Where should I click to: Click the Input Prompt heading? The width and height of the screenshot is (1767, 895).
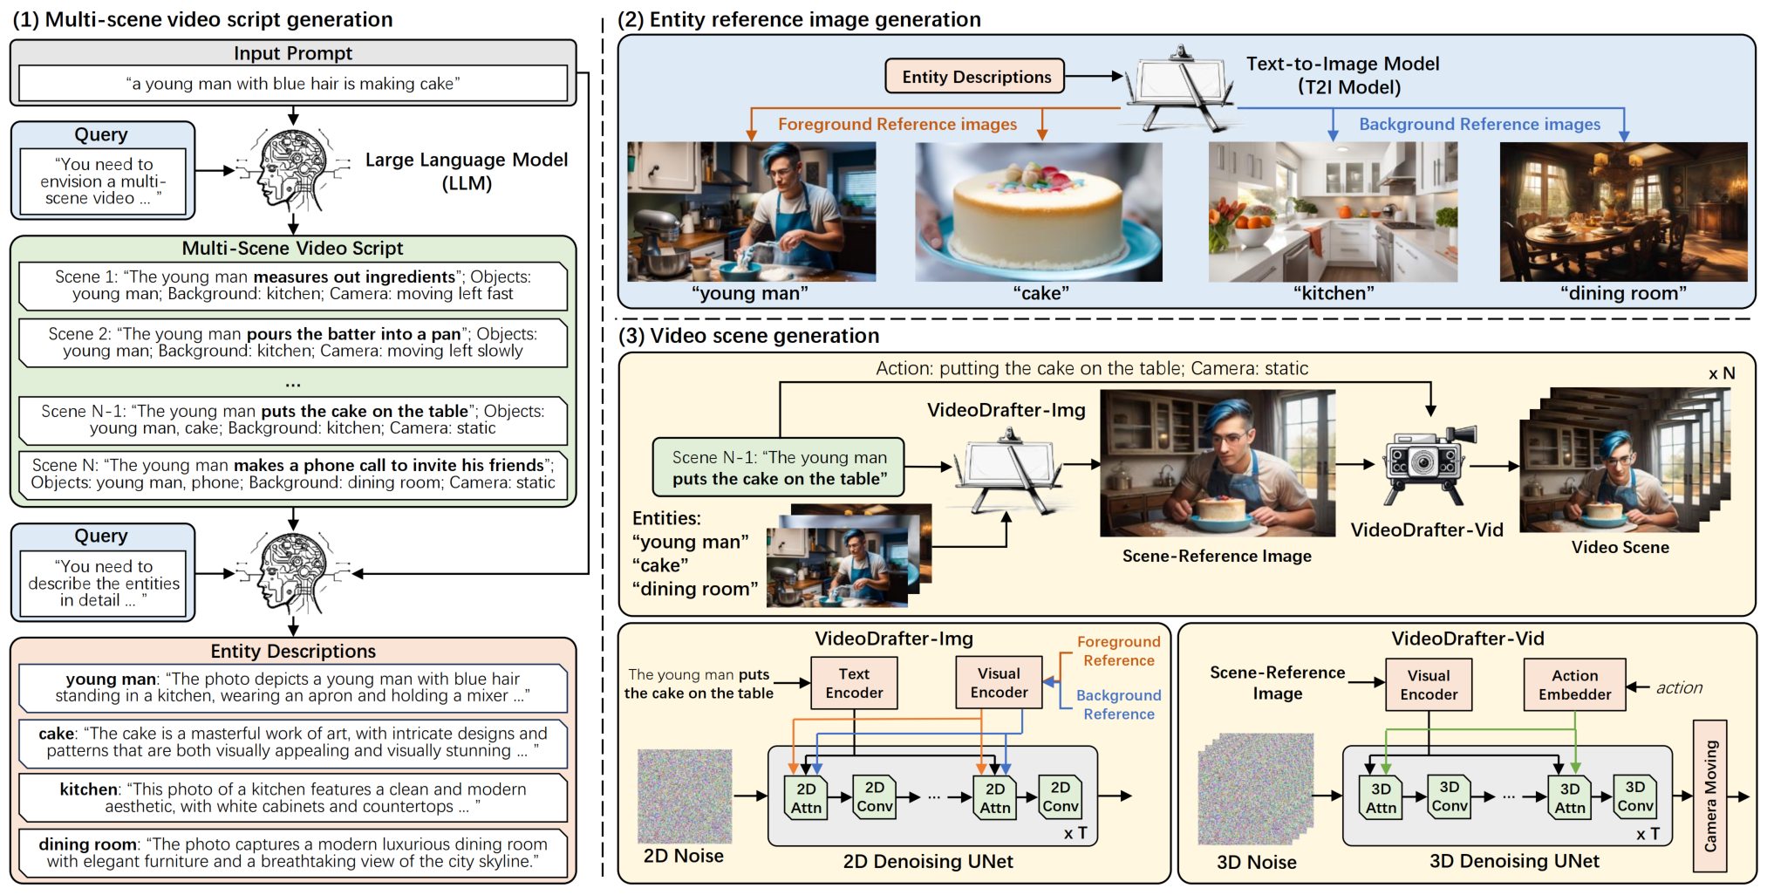(293, 53)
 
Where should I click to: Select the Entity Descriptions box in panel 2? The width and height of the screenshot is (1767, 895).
(976, 77)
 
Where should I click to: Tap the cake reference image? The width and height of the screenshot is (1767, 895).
(1038, 212)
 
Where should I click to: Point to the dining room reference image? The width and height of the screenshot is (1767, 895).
(1623, 212)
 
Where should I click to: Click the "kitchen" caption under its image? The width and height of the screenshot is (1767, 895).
(1334, 293)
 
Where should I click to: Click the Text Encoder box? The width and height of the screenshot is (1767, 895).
(854, 683)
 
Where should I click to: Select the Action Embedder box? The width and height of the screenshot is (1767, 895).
(1574, 685)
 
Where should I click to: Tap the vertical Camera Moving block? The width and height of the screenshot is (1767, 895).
(1709, 796)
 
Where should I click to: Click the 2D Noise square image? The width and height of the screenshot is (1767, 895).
(685, 796)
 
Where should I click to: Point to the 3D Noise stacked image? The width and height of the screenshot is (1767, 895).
(1256, 789)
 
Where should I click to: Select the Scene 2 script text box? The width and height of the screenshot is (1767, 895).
(293, 343)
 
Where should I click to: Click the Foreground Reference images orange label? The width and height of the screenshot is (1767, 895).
(897, 125)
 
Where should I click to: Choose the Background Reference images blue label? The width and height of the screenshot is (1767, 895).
(1479, 125)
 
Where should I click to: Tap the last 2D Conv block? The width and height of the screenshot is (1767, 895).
(1060, 796)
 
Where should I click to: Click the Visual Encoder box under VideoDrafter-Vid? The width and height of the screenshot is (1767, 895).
(1428, 685)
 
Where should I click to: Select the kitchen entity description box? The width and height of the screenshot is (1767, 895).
(293, 798)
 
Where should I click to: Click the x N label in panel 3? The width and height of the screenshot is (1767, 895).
(1721, 373)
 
